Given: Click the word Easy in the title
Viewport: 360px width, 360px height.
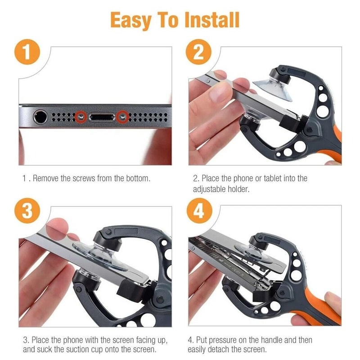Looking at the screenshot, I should [x=127, y=20].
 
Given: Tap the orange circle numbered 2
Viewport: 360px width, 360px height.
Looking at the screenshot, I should [x=198, y=52].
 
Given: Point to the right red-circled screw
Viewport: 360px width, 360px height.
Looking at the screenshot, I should [x=122, y=117].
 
